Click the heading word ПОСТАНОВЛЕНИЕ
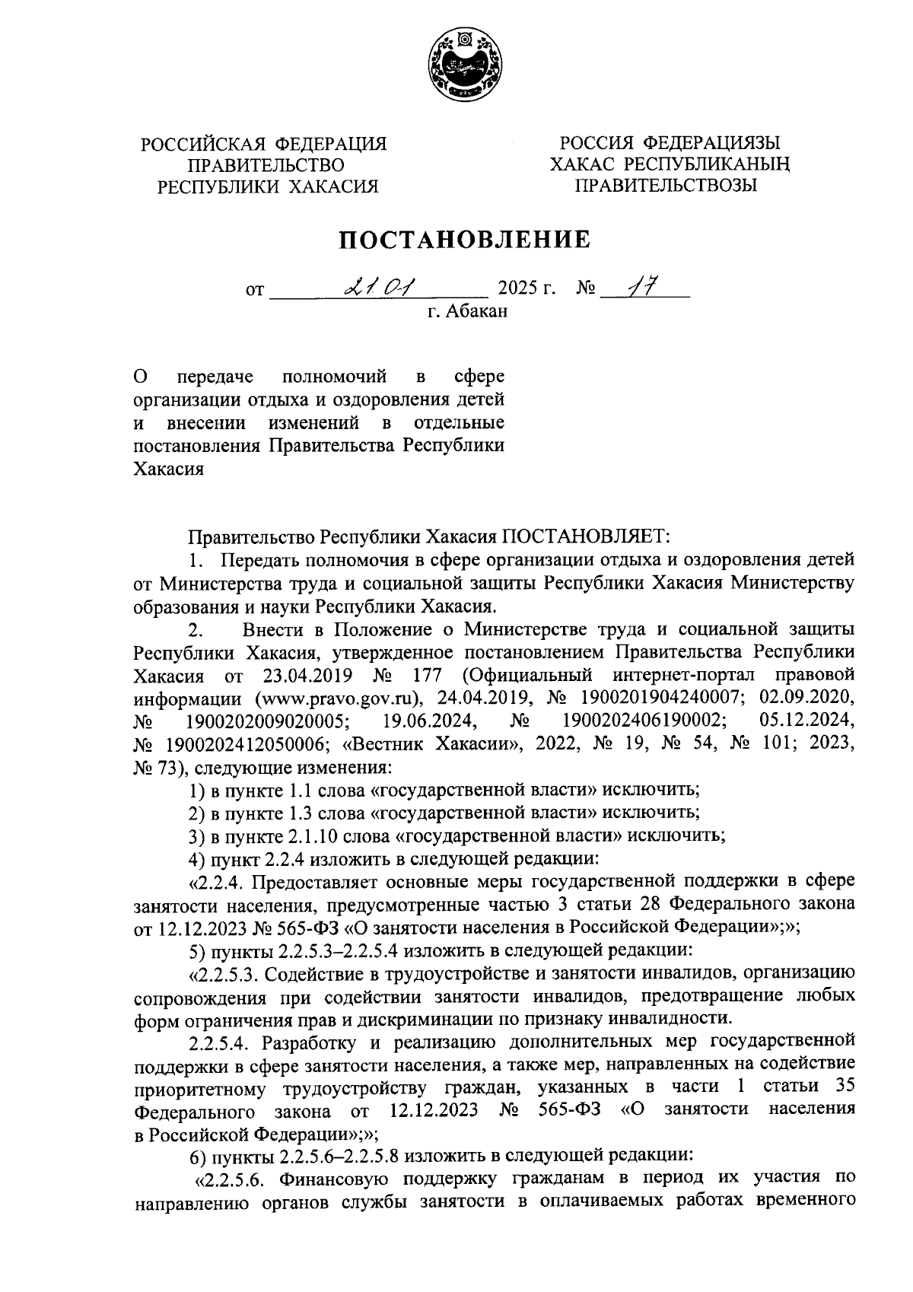tap(464, 240)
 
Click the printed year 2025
tap(517, 290)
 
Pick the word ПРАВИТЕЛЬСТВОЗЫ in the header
tap(666, 186)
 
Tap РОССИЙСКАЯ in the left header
tap(203, 145)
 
